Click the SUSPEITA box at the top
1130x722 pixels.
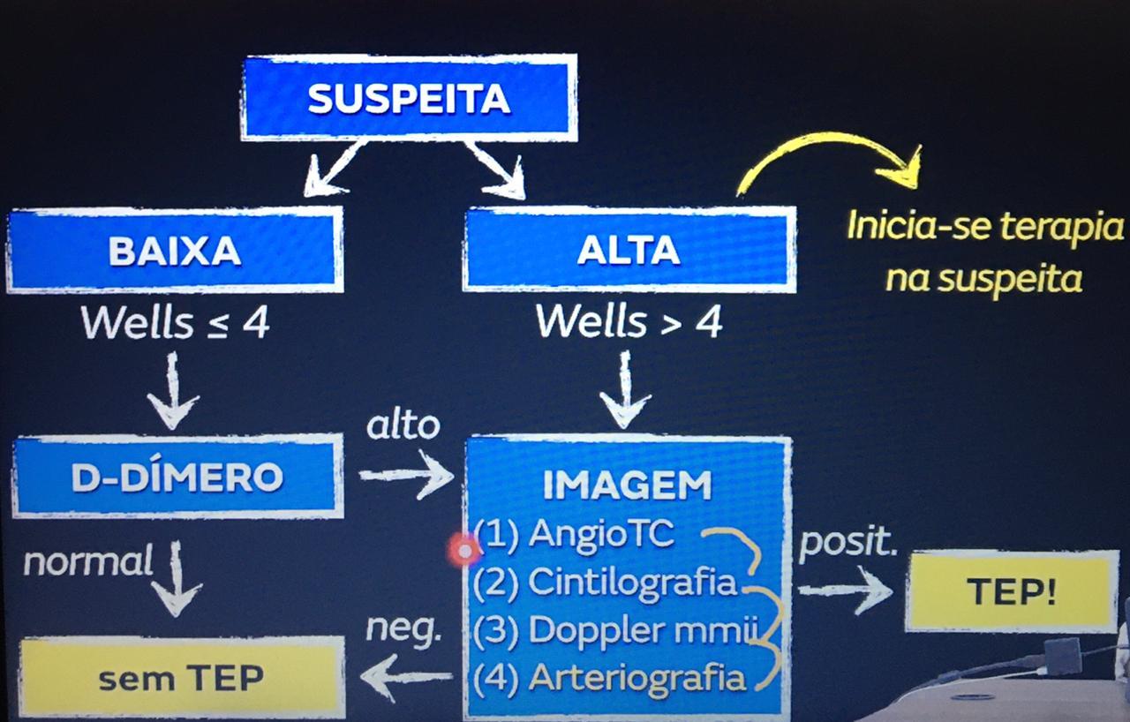click(x=409, y=98)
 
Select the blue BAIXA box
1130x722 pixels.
click(x=175, y=251)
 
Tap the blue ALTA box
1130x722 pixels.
click(x=629, y=251)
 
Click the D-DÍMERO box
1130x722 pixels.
click(x=177, y=477)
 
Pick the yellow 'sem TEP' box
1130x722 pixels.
click(x=181, y=678)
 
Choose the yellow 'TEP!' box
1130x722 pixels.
click(x=1012, y=591)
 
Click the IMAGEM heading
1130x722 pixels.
click(x=627, y=485)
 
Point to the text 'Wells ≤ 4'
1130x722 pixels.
click(x=175, y=324)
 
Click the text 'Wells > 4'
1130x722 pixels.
click(x=629, y=324)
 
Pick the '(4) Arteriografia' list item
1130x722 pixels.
click(x=610, y=678)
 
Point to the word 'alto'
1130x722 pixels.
click(x=403, y=425)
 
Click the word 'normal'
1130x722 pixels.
click(x=88, y=561)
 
